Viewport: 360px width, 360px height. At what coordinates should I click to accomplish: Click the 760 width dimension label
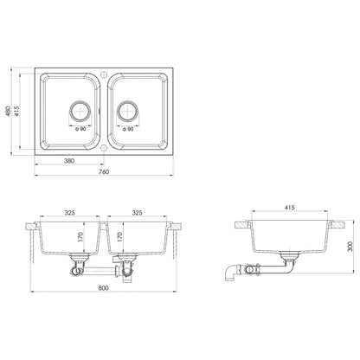[104, 172]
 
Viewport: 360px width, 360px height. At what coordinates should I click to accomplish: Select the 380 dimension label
[69, 161]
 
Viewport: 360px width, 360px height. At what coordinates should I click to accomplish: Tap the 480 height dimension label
[8, 111]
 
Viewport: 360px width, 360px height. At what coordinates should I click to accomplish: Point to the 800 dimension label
[103, 288]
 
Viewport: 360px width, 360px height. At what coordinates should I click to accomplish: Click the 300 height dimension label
[350, 247]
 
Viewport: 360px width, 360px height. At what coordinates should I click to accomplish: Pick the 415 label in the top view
[16, 111]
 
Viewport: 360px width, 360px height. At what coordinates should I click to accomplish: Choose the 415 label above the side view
[289, 208]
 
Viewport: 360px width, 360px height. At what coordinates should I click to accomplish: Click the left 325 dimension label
[69, 213]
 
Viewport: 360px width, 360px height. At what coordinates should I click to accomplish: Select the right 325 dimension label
[137, 213]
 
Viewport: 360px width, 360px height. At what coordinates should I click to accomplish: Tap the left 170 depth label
[80, 237]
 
